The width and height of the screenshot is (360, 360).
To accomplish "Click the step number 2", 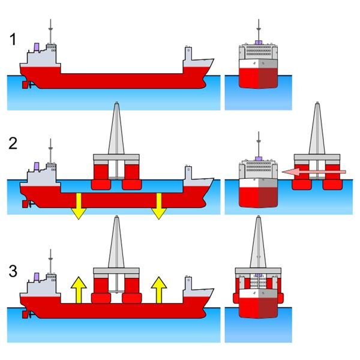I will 14,143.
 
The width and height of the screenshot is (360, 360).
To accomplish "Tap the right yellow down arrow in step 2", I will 158,206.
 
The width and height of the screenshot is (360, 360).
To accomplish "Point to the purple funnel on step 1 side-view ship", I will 37,46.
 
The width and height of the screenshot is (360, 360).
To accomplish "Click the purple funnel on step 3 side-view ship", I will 37,277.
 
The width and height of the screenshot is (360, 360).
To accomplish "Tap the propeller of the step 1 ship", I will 25,85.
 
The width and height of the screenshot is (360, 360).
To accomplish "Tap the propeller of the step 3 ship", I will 25,314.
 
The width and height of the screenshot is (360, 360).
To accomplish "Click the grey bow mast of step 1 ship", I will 189,56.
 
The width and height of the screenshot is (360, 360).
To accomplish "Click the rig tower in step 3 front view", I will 258,243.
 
